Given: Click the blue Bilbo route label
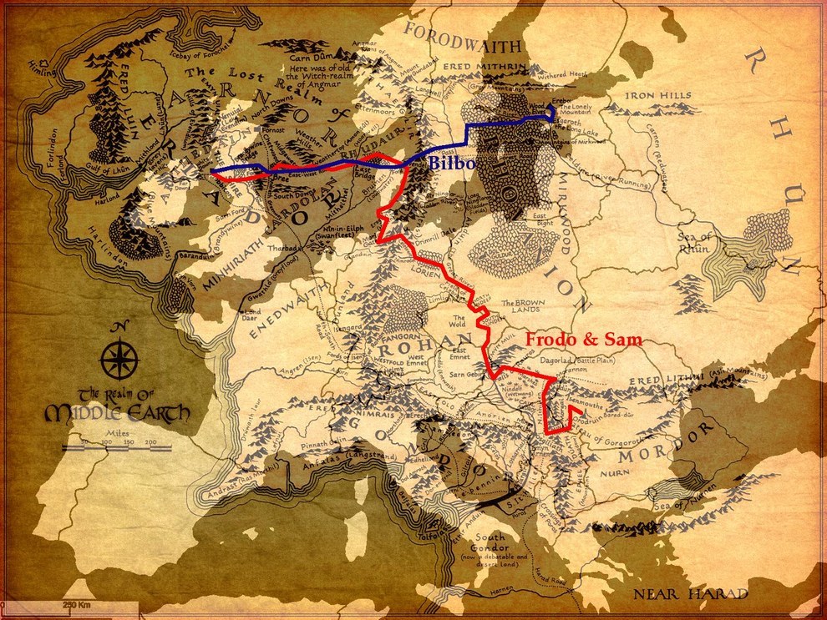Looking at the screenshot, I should pos(452,164).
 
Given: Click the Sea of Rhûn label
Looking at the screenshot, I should pos(696,243).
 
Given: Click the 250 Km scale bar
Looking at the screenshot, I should pos(75,604).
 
